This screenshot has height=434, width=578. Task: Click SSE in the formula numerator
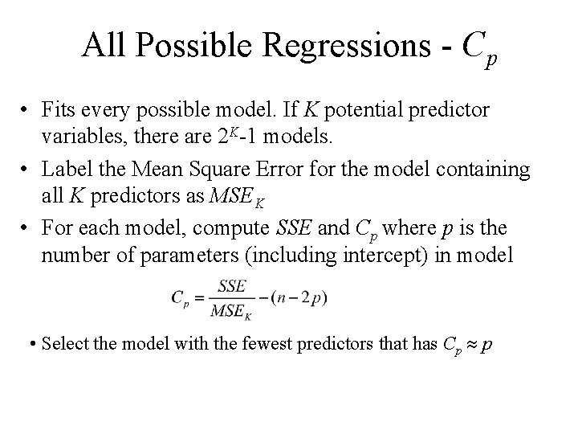[x=231, y=285]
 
